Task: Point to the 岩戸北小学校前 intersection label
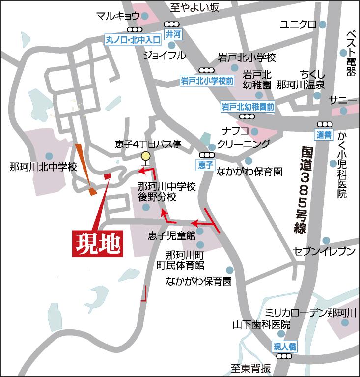(206, 81)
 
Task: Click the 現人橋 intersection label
(285, 347)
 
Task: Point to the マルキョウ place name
(118, 15)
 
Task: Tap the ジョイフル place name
(165, 55)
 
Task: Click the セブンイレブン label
(324, 251)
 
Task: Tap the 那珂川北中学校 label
(43, 167)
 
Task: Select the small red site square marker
(106, 176)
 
